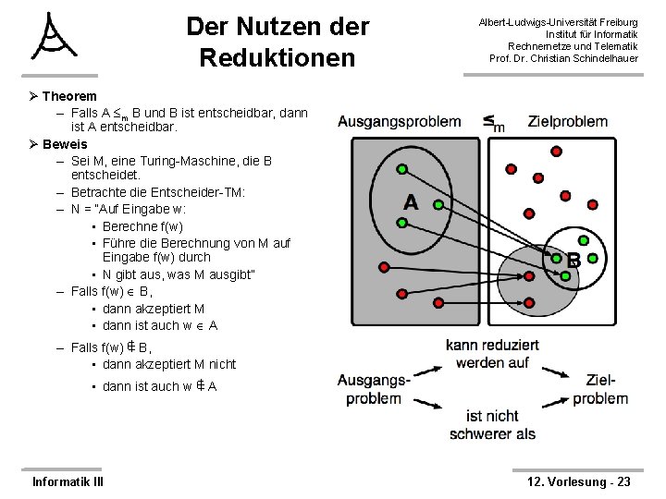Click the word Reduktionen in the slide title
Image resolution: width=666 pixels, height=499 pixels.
click(277, 58)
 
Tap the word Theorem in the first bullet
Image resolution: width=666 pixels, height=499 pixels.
click(69, 96)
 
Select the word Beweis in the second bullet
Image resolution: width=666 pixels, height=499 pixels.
click(65, 144)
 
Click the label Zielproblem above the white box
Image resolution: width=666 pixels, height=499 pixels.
click(568, 121)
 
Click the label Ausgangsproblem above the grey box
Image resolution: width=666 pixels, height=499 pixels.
click(400, 121)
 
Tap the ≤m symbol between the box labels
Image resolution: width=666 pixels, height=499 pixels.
click(493, 122)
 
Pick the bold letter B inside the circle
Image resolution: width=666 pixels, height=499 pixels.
click(573, 261)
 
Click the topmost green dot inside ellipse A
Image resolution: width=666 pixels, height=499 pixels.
click(402, 169)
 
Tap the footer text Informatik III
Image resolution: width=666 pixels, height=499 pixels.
click(68, 481)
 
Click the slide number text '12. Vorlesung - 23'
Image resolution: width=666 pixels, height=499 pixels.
click(578, 481)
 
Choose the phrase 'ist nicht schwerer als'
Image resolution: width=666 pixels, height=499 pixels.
click(492, 425)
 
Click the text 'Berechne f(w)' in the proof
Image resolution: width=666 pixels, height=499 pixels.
click(142, 226)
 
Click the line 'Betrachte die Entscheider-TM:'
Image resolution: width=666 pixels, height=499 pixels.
click(158, 192)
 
